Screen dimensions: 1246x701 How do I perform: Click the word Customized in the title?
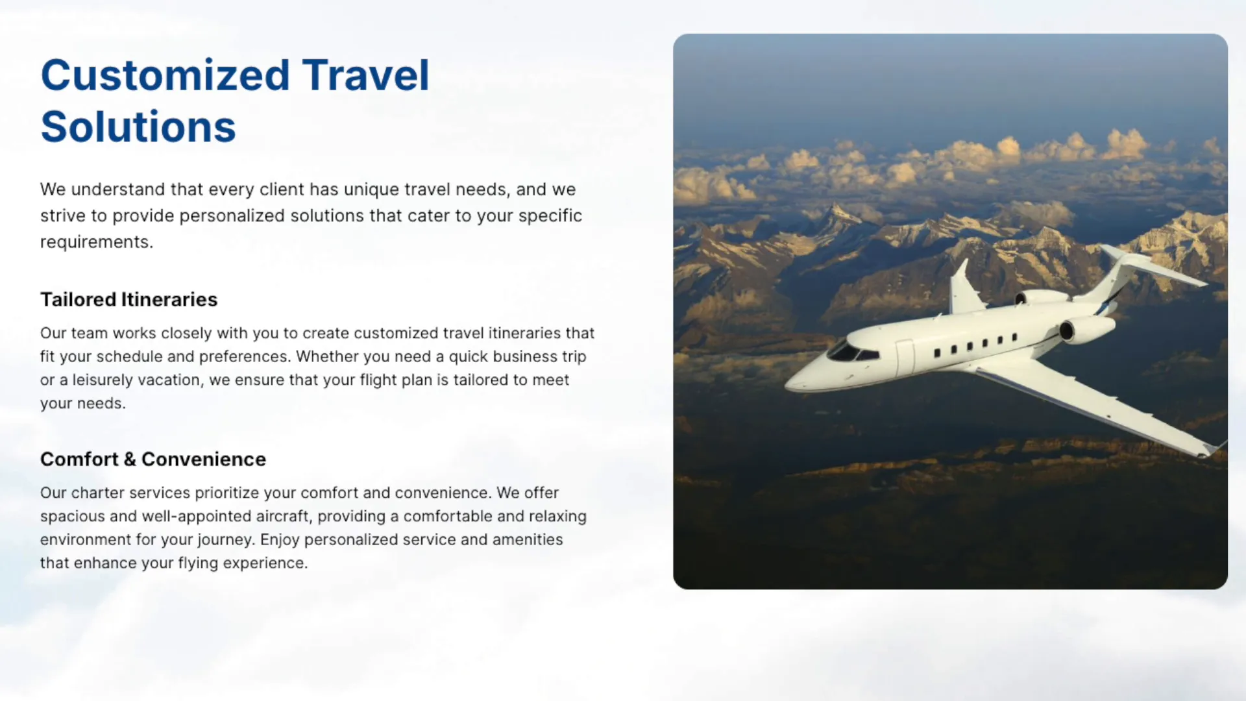coord(165,75)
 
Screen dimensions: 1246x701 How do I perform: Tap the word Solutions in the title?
coord(138,127)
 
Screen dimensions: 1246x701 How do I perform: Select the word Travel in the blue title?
coord(365,75)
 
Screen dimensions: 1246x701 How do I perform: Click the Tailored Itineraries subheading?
coord(128,299)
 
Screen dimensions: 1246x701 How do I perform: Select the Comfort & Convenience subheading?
coord(153,459)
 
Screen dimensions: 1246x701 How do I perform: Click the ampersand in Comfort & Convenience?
coord(130,460)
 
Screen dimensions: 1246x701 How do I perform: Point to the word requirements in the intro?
coord(96,242)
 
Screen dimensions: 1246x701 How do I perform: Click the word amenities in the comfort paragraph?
coord(528,539)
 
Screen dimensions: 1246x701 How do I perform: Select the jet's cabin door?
coord(905,358)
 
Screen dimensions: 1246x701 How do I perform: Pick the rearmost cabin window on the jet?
coord(1014,338)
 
